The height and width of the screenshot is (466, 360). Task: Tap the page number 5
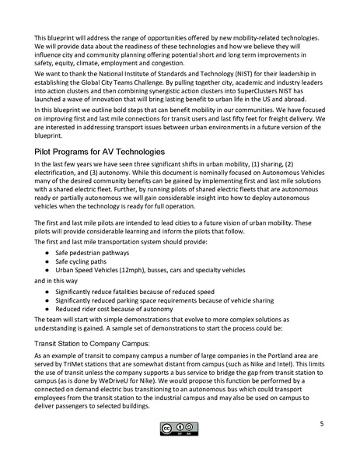321,424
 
